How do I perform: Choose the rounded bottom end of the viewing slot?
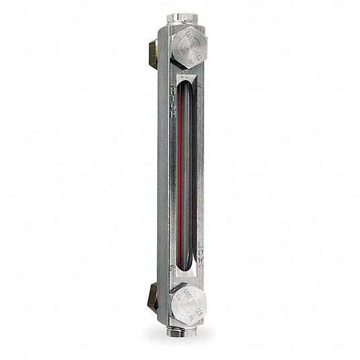point(187,270)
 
